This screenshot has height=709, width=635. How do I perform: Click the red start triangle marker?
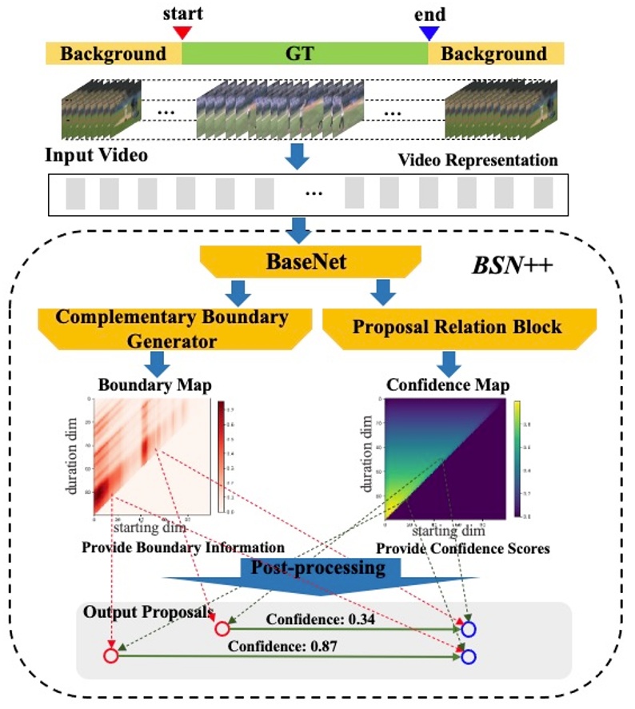tap(182, 32)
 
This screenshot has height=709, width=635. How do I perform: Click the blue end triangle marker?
tap(429, 32)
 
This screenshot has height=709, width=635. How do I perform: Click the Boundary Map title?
tap(154, 385)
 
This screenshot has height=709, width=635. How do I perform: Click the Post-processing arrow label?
tap(318, 568)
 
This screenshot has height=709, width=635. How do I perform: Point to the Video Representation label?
tap(477, 160)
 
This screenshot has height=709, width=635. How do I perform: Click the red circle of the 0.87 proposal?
tap(111, 656)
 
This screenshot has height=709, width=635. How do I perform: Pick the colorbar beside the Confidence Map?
tap(518, 457)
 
